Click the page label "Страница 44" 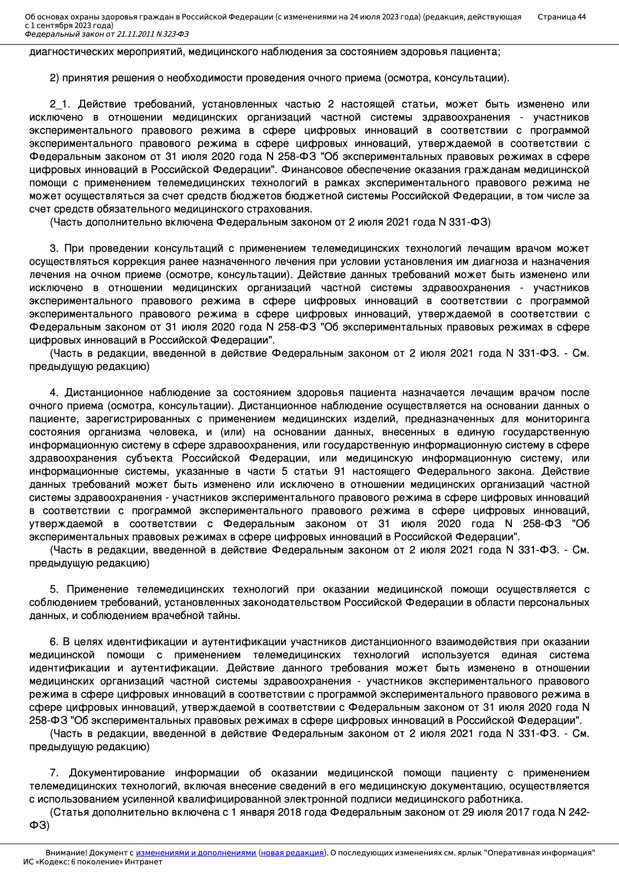tap(561, 17)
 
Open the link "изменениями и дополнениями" tap(196, 853)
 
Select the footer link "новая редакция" tap(292, 853)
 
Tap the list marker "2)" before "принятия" tap(54, 78)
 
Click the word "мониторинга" tap(558, 419)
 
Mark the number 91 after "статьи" tap(339, 471)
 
